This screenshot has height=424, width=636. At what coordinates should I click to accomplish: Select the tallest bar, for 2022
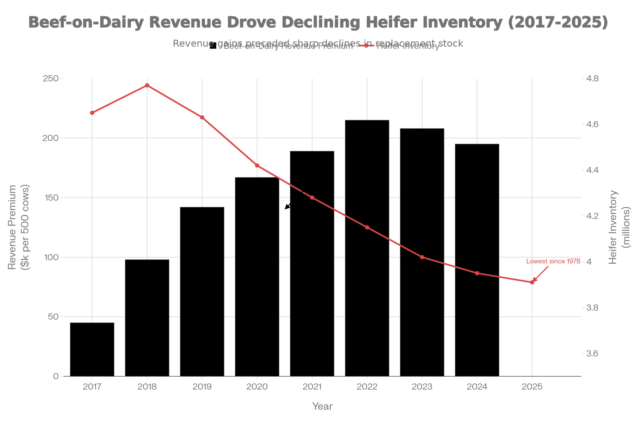click(367, 248)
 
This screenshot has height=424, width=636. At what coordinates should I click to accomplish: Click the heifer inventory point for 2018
click(147, 86)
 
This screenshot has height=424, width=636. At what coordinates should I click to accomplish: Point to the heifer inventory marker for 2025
click(532, 282)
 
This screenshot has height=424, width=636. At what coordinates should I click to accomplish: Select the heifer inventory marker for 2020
click(257, 166)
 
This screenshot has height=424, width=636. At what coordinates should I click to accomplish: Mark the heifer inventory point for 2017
click(92, 113)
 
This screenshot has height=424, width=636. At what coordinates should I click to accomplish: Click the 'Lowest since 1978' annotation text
click(553, 261)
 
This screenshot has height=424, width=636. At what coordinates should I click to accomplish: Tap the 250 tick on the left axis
click(51, 79)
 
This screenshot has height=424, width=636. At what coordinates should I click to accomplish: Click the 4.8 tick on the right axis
click(592, 79)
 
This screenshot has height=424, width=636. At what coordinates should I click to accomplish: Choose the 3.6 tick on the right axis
click(592, 353)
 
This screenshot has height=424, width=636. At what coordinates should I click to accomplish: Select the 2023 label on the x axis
click(422, 387)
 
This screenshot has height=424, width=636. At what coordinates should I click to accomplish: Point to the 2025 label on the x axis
click(532, 387)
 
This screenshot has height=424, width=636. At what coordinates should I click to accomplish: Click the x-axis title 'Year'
click(322, 406)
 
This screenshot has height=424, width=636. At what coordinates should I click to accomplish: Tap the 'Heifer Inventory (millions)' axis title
click(619, 227)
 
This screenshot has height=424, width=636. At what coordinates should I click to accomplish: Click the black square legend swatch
click(213, 46)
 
